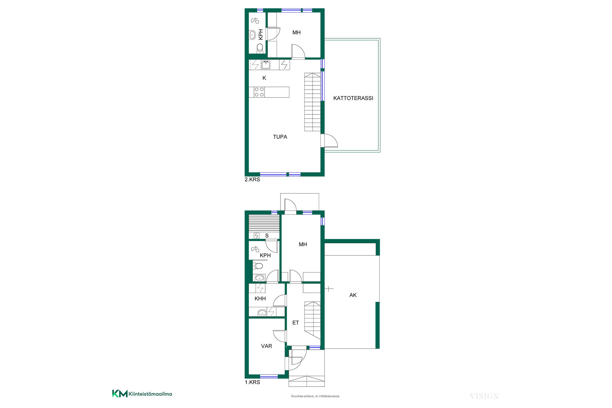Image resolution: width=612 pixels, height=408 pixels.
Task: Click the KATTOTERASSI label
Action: pos(353,98)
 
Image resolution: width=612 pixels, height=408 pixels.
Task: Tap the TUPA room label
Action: pos(280,137)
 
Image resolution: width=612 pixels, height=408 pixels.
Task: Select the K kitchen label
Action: pos(264,78)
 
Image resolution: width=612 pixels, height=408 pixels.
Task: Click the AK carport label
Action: pos(353,295)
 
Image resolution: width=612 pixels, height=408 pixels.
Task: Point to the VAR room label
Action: pos(266,346)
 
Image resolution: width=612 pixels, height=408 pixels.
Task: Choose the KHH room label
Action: pos(260,299)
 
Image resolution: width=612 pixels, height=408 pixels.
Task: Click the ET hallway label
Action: pos(295,323)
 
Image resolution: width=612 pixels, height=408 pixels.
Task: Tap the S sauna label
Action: pos(267,236)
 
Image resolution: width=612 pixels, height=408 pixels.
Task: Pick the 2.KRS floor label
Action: pos(252,179)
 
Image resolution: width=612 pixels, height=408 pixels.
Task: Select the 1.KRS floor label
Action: pos(252,382)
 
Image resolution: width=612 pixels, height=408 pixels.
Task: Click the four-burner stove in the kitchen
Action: pos(259,92)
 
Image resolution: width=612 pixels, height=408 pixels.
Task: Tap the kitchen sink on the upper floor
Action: pos(266,65)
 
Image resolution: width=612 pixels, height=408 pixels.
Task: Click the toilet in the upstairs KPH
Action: pos(260,48)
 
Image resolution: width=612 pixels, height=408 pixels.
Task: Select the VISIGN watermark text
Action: pos(484,396)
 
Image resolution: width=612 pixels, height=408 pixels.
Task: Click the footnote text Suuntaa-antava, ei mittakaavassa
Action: pos(315,396)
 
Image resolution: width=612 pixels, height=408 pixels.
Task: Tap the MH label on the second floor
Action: pos(296,33)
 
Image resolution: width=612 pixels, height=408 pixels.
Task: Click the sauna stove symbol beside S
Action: pos(257,236)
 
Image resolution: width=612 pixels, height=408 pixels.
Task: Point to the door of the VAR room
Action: pos(279,336)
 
